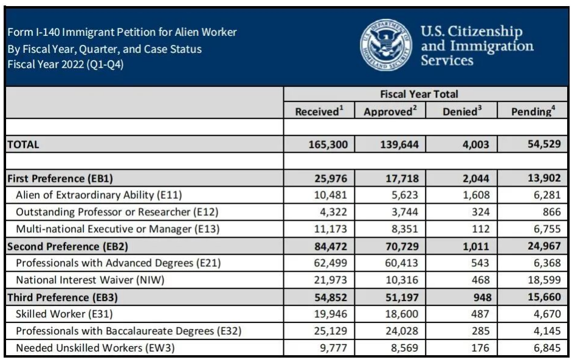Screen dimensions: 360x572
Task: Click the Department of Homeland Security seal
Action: [x=386, y=46]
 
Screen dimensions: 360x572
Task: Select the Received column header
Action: [x=319, y=111]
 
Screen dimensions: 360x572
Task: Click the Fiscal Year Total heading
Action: [x=427, y=94]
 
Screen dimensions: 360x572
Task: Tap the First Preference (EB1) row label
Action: [x=60, y=179]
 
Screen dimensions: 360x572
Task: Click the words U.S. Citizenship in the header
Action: [x=471, y=32]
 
